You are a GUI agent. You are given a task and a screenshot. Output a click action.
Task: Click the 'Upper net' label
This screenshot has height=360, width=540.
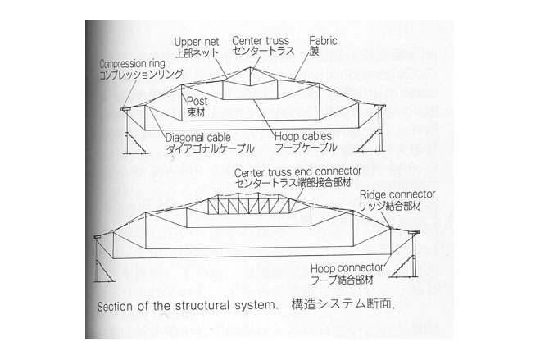tap(197, 42)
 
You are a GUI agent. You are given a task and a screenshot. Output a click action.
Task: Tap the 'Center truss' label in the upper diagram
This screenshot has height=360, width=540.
tap(261, 41)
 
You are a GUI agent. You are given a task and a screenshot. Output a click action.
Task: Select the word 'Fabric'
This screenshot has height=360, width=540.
tap(323, 41)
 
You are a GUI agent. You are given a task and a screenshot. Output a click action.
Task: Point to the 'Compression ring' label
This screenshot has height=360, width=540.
tap(132, 64)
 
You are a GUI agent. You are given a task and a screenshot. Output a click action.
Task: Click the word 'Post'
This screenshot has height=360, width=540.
tap(197, 101)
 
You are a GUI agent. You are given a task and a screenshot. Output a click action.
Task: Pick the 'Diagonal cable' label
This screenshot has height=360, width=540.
tap(198, 138)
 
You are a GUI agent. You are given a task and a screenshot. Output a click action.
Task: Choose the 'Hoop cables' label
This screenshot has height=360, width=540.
tap(303, 136)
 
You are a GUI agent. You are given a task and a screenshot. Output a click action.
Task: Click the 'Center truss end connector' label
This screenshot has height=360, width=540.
tap(298, 171)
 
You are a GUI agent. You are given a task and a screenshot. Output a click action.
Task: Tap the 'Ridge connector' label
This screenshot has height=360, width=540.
tap(397, 194)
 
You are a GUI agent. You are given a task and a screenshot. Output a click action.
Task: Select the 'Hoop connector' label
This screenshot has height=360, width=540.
tap(347, 268)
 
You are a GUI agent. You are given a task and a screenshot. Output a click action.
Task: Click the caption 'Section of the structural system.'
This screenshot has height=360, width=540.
tap(188, 306)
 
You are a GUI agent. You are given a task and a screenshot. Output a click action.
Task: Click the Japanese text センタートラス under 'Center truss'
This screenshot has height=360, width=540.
tap(263, 51)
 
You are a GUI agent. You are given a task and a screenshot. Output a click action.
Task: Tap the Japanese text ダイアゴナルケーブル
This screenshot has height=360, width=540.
tap(210, 148)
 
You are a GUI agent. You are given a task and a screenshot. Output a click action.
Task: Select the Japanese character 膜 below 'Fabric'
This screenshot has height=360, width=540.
tap(314, 52)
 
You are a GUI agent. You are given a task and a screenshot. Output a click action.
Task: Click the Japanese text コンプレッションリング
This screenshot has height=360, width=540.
tap(141, 74)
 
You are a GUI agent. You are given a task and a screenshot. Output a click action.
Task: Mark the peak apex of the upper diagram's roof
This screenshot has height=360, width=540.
tap(251, 67)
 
